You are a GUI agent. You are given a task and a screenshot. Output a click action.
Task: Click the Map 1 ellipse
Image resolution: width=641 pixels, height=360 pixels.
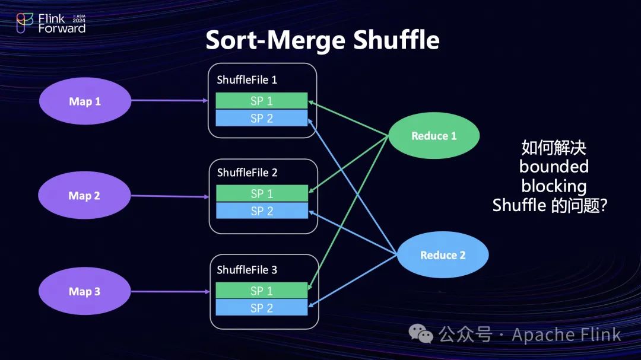coord(85,101)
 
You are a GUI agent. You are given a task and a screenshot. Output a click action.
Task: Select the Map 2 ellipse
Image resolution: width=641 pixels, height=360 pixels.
coord(84,196)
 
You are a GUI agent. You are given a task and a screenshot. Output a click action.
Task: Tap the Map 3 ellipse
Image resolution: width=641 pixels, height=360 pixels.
coord(84,291)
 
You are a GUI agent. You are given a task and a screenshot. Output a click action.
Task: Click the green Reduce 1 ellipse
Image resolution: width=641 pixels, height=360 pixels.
coord(434,136)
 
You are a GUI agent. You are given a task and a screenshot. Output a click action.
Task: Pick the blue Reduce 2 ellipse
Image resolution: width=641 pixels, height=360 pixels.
coord(443,255)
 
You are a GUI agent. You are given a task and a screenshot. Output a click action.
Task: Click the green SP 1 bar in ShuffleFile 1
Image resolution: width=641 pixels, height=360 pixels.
coord(261,101)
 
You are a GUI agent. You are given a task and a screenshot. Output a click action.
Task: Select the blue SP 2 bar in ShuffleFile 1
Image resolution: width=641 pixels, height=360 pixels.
coord(261,118)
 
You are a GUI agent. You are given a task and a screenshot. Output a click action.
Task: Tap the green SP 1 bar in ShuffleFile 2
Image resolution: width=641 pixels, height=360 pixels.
coord(262,193)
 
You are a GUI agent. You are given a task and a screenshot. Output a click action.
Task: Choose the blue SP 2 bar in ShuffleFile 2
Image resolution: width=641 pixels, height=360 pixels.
coord(262,211)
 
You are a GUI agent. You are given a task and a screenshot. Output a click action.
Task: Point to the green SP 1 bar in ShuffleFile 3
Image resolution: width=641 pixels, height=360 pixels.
coord(262,291)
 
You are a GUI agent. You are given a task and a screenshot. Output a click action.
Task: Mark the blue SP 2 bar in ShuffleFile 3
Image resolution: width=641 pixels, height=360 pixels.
coord(262,308)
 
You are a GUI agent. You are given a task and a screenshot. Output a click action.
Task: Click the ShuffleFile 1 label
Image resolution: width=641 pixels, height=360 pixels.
coord(247,79)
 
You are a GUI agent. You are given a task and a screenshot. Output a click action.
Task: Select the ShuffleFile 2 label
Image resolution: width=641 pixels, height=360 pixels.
coord(247,173)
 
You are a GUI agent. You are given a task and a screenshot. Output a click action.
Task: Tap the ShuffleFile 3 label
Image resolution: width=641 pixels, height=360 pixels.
coord(247,270)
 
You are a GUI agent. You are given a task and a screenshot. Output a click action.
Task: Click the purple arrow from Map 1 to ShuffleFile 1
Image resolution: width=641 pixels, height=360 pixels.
coord(169,101)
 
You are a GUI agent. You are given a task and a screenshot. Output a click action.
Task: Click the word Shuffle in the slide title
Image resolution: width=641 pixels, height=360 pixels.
coord(396,40)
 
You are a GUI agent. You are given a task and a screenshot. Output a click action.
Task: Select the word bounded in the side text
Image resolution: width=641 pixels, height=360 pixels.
coord(554,166)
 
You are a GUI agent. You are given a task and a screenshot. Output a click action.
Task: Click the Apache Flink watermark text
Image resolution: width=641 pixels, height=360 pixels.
coord(566,334)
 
